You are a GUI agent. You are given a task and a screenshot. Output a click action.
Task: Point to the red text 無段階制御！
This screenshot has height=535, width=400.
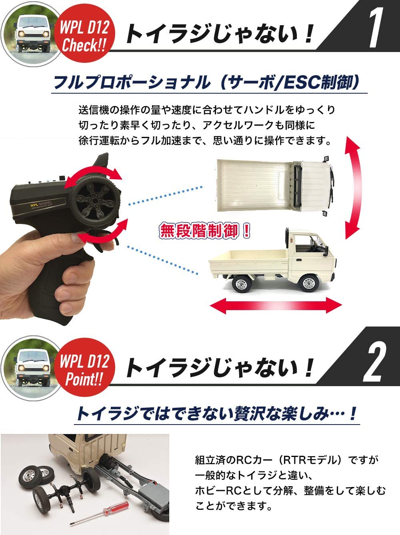[205, 231]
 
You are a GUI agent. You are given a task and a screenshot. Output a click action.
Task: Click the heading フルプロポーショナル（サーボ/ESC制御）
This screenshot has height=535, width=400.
[206, 82]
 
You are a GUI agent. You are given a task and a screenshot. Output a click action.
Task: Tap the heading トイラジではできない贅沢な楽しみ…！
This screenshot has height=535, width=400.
[217, 414]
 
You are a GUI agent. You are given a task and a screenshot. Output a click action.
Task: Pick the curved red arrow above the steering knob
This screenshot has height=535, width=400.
[93, 177]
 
